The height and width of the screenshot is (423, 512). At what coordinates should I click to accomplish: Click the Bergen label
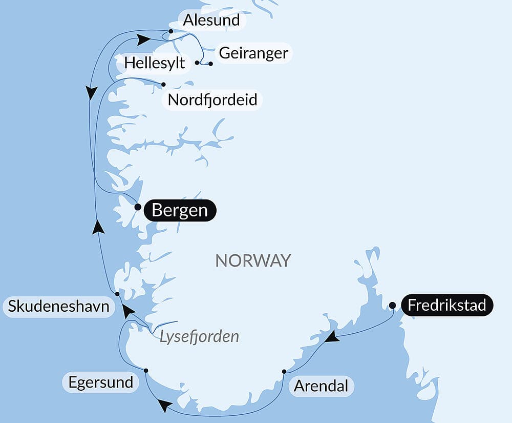tap(180, 211)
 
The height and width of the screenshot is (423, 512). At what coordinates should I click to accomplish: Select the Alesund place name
tap(211, 21)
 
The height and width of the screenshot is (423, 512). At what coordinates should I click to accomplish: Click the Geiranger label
tap(253, 53)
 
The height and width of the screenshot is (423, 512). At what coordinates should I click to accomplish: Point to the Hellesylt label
tap(155, 64)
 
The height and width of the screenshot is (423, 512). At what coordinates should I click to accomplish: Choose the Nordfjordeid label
tap(212, 99)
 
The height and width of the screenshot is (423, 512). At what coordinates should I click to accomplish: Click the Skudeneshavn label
tap(58, 307)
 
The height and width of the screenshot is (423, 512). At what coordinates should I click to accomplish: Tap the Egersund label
tap(100, 382)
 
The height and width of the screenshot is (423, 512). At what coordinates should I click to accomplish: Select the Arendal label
tap(321, 386)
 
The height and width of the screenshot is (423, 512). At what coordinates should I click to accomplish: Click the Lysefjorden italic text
tap(199, 336)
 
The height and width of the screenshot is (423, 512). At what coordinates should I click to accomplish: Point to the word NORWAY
tap(253, 260)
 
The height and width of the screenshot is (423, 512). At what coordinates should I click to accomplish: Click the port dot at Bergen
tap(137, 207)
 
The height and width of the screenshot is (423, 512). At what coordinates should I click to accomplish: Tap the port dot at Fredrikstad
tap(392, 306)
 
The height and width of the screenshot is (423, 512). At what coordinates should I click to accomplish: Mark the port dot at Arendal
tap(284, 371)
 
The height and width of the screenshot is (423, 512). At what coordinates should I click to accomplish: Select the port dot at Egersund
tap(146, 370)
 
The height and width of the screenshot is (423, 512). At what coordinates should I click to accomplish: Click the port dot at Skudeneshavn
tap(117, 294)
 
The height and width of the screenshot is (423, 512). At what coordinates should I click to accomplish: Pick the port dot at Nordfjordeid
tap(163, 84)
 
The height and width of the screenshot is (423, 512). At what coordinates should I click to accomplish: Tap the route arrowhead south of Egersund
tap(164, 406)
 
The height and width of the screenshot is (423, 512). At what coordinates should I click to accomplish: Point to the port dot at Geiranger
tap(210, 64)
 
